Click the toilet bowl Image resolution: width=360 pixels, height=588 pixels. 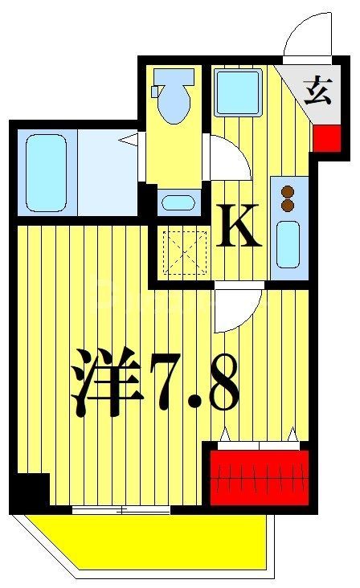point(174,107)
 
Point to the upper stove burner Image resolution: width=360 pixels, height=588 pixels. point(287,191)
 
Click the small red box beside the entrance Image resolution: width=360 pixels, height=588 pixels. point(325,138)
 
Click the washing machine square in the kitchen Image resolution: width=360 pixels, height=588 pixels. point(239,92)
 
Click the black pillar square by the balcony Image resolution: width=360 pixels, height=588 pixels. point(31,489)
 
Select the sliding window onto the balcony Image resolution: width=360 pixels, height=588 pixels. point(121,509)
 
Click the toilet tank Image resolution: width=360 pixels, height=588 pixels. point(174,79)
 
